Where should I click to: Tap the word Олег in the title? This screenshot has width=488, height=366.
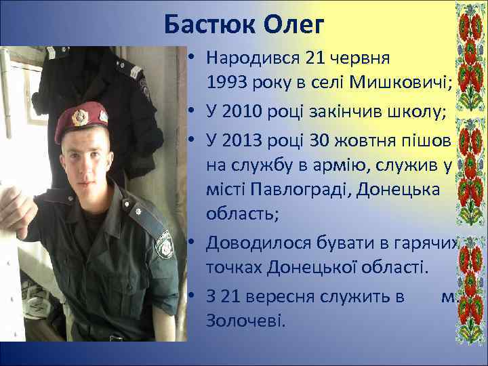[295, 26]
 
